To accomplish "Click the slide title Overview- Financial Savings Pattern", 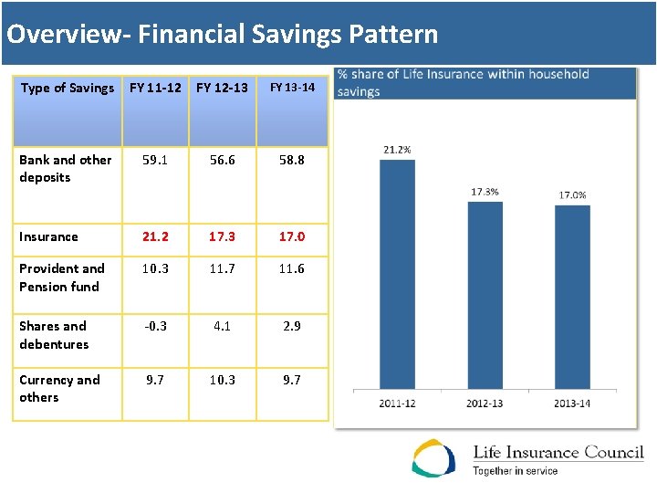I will click(x=222, y=35).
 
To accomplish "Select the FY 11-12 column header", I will click(x=155, y=88).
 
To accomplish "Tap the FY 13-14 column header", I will click(x=292, y=88).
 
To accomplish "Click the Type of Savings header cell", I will click(x=68, y=88).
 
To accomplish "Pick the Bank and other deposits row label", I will click(x=66, y=168).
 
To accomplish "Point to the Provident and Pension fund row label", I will click(x=62, y=277).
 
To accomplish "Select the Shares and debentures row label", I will click(x=54, y=335).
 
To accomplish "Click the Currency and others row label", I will click(x=59, y=388).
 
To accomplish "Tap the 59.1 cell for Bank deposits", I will click(x=155, y=159).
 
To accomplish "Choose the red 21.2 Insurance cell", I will click(x=155, y=236).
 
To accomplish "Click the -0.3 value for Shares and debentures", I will click(x=155, y=326).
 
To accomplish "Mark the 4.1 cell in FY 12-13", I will click(x=222, y=326).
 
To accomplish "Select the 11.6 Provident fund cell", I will click(x=292, y=268).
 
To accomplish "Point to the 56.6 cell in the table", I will click(x=222, y=159).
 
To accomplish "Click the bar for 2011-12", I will click(x=397, y=274).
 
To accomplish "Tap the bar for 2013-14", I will click(x=572, y=297).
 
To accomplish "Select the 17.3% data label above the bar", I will click(x=485, y=192).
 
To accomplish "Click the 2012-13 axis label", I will click(x=485, y=403).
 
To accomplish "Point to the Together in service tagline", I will click(x=515, y=471).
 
